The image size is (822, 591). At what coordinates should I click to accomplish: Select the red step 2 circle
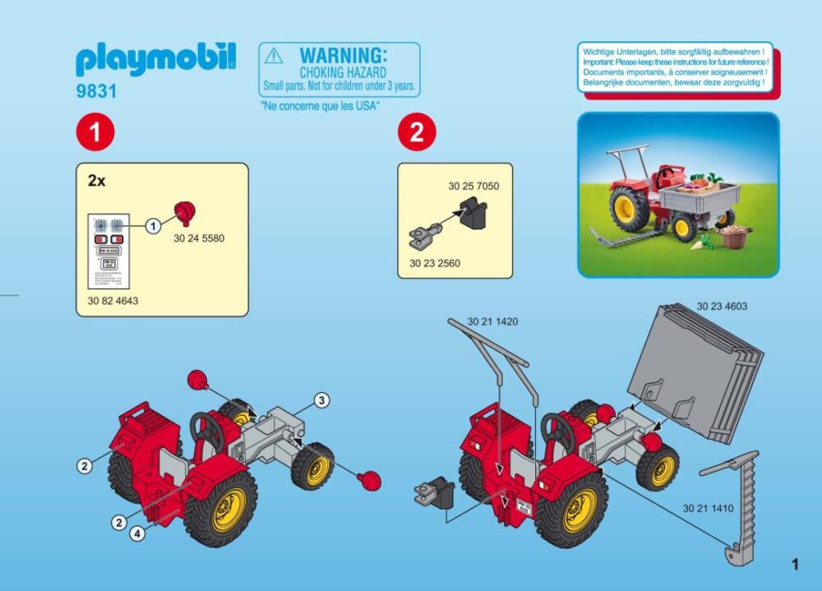coord(417,133)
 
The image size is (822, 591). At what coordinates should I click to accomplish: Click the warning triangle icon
coord(275,57)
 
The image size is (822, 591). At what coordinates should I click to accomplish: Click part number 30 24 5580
coord(199,238)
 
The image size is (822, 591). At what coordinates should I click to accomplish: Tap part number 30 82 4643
coord(113,301)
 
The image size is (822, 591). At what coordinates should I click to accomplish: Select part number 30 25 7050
coord(473,186)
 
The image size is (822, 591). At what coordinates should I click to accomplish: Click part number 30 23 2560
coord(435,264)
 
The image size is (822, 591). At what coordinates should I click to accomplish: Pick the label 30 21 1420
coord(493,321)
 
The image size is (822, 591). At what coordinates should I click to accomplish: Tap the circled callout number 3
coord(322,400)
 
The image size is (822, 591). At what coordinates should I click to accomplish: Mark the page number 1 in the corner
coord(795,564)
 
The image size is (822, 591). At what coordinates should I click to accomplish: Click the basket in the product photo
coord(734,237)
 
